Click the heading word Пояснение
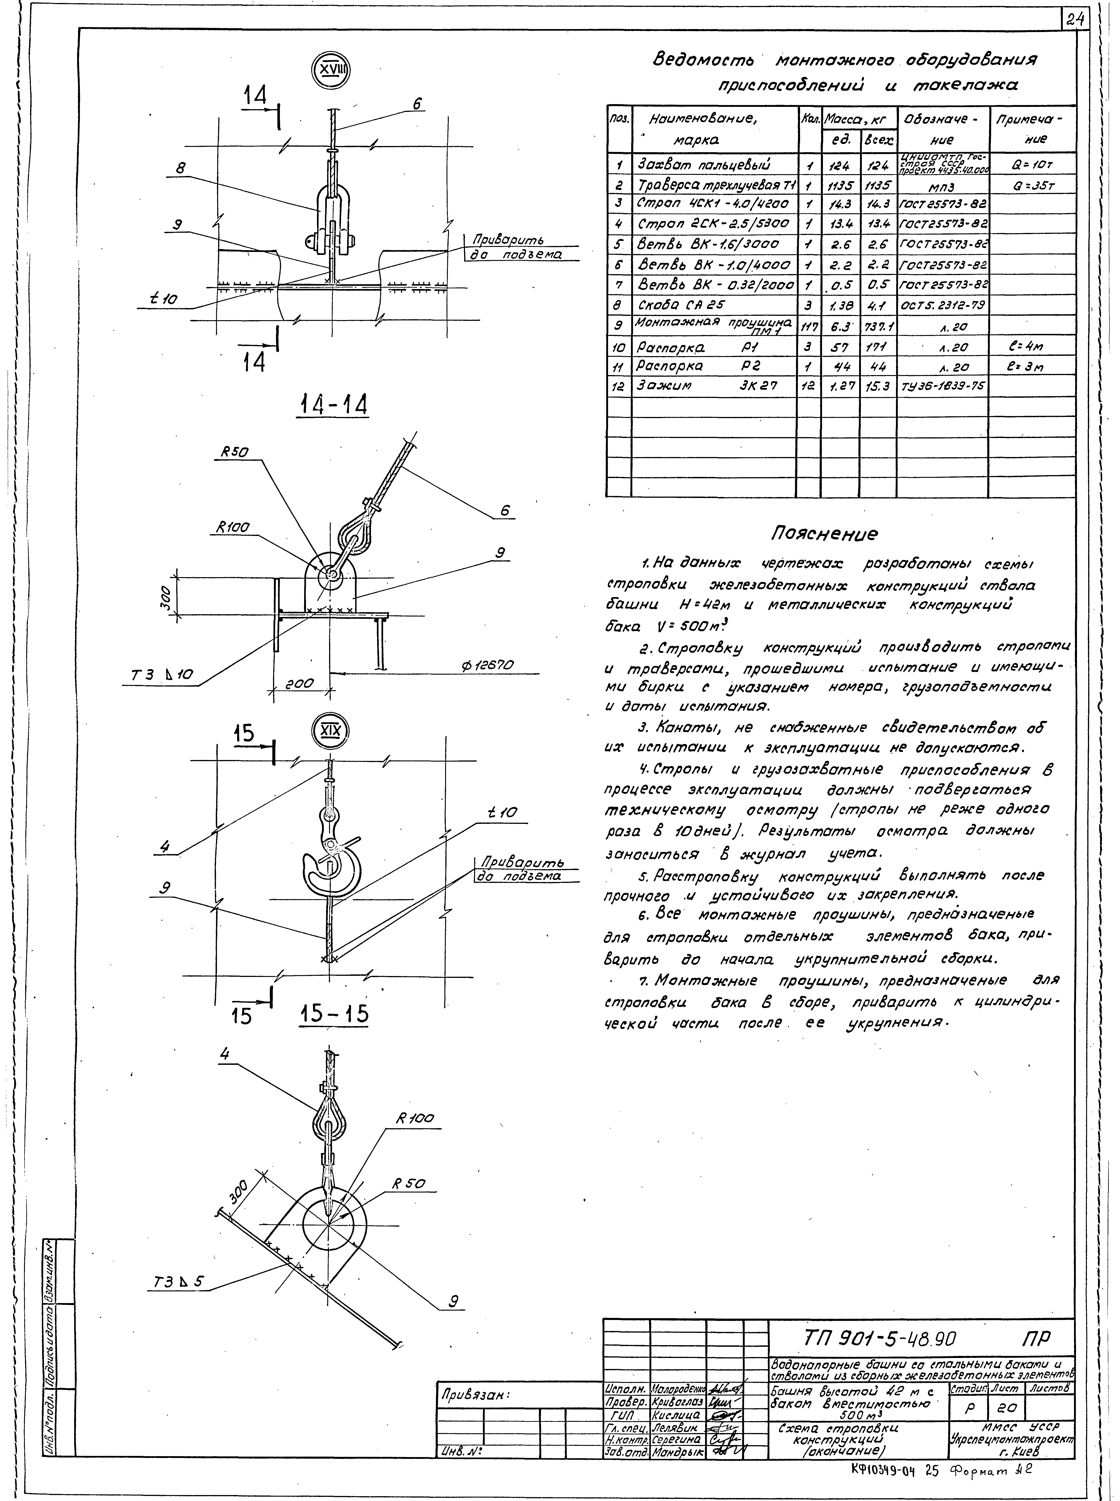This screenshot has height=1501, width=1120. click(x=824, y=533)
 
